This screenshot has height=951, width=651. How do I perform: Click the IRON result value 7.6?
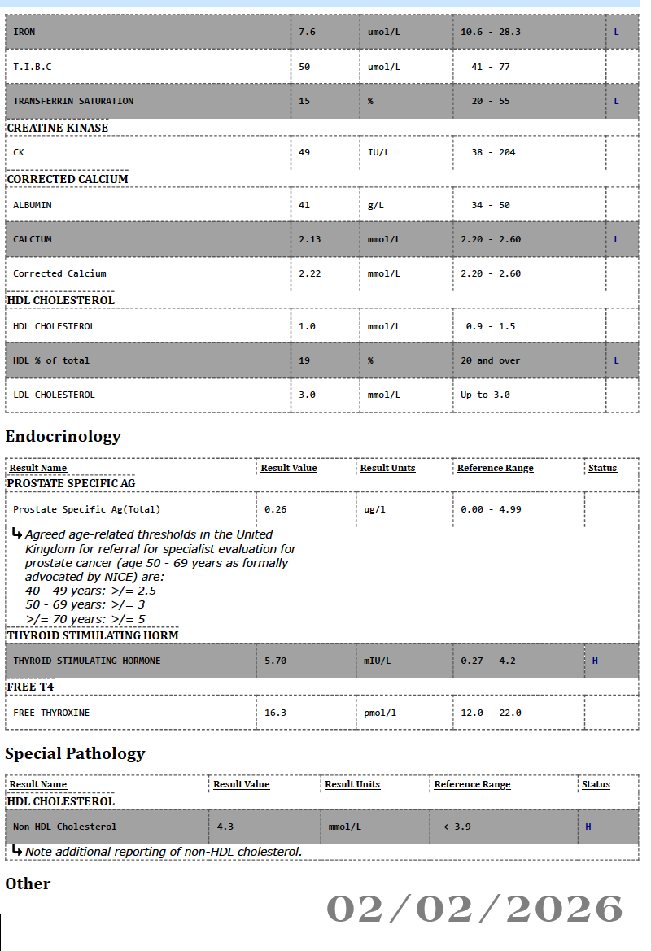point(307,32)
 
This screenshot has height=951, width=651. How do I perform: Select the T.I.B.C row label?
point(33,67)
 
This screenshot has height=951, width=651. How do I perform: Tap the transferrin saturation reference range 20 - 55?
point(491,101)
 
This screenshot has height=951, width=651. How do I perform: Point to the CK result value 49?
point(304,152)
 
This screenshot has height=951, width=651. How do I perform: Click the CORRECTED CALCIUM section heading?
point(68,179)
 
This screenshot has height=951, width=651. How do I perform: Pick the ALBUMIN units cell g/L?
point(375,205)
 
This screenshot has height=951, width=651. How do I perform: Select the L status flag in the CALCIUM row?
point(616,239)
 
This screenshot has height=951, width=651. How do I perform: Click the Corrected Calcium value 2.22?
point(310,273)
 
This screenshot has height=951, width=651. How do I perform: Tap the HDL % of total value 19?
point(304,360)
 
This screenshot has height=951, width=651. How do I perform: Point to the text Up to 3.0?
point(482,395)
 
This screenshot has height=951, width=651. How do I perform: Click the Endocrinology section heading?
point(63,436)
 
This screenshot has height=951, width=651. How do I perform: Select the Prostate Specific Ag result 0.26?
point(275,509)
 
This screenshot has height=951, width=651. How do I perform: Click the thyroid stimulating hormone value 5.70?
point(275,661)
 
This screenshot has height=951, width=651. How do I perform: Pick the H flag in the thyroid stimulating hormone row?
point(595,661)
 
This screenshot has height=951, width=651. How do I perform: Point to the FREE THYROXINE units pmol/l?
point(380,713)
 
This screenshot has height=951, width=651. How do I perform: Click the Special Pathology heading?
point(75,753)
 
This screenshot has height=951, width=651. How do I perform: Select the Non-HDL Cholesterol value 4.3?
point(225,827)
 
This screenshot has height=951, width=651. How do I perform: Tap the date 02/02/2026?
point(474,909)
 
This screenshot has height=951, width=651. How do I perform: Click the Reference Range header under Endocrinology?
point(495,468)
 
